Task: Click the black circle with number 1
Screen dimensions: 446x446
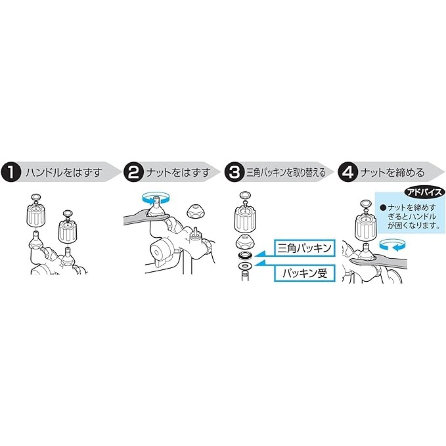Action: point(11,172)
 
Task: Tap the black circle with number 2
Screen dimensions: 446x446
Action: point(133,172)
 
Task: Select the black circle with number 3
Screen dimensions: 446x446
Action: point(234,172)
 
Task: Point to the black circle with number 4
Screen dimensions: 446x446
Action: point(348,172)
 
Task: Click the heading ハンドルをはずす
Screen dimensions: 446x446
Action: point(64,173)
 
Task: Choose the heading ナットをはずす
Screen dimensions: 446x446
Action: point(179,173)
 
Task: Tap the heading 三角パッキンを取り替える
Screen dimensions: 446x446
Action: point(286,173)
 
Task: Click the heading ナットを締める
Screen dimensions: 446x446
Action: point(393,173)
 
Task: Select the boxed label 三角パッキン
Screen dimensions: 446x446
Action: point(305,248)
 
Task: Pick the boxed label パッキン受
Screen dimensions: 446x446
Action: point(305,273)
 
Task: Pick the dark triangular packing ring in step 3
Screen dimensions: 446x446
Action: point(245,255)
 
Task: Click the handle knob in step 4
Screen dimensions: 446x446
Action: point(366,226)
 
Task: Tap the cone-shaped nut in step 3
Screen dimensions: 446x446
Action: point(245,241)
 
